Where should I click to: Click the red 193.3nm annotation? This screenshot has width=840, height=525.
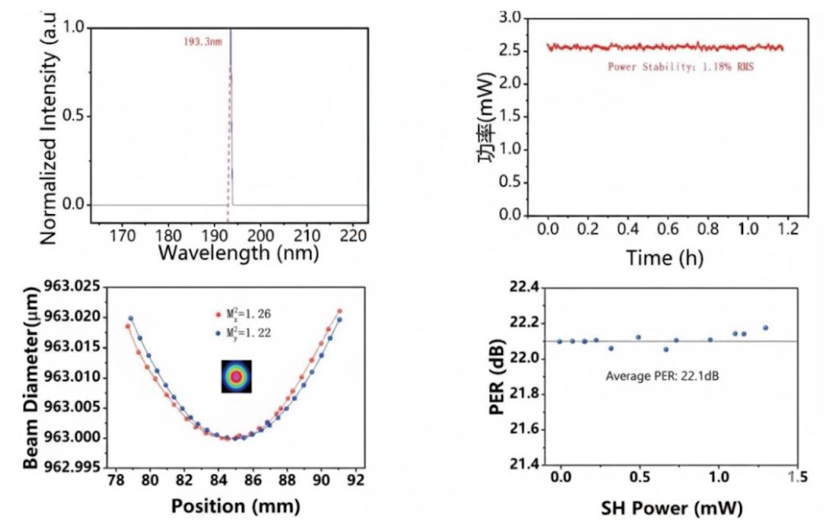[x=201, y=39]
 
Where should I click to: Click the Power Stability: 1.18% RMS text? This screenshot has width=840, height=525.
[x=680, y=66]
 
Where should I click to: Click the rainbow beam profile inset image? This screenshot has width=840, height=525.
[x=237, y=376]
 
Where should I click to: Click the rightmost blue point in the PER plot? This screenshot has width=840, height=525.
[x=765, y=328]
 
